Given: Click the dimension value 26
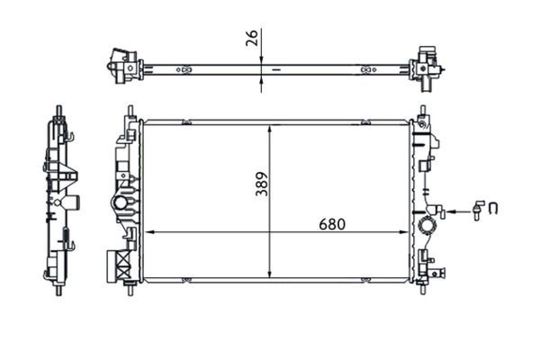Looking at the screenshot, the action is tap(252, 38).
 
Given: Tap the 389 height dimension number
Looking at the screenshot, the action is tap(262, 184).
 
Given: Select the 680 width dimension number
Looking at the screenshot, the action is tap(332, 225).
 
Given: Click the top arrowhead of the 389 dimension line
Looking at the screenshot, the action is tap(270, 130).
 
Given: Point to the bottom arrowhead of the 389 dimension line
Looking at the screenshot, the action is tap(270, 273).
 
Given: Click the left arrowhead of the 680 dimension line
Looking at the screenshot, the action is tap(149, 232).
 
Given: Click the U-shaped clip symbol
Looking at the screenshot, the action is tap(493, 209).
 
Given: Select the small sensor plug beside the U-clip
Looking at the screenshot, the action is tap(477, 210).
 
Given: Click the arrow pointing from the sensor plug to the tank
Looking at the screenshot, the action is tap(459, 211).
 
